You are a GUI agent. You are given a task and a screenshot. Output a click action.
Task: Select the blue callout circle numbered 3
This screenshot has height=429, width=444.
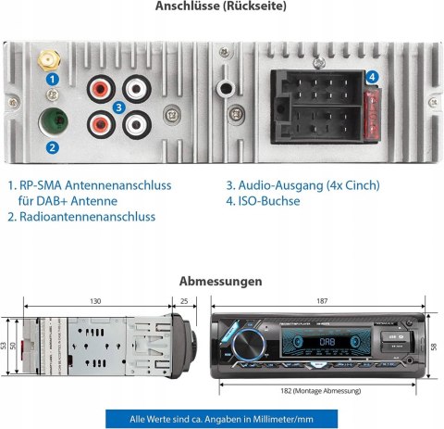(118, 107)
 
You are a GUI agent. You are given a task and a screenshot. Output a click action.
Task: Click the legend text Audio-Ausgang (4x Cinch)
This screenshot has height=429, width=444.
(302, 185)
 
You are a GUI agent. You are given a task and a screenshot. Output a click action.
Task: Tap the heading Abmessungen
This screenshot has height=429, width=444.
(221, 281)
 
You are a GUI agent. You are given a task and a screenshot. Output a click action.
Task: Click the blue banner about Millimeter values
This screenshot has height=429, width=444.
(222, 416)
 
